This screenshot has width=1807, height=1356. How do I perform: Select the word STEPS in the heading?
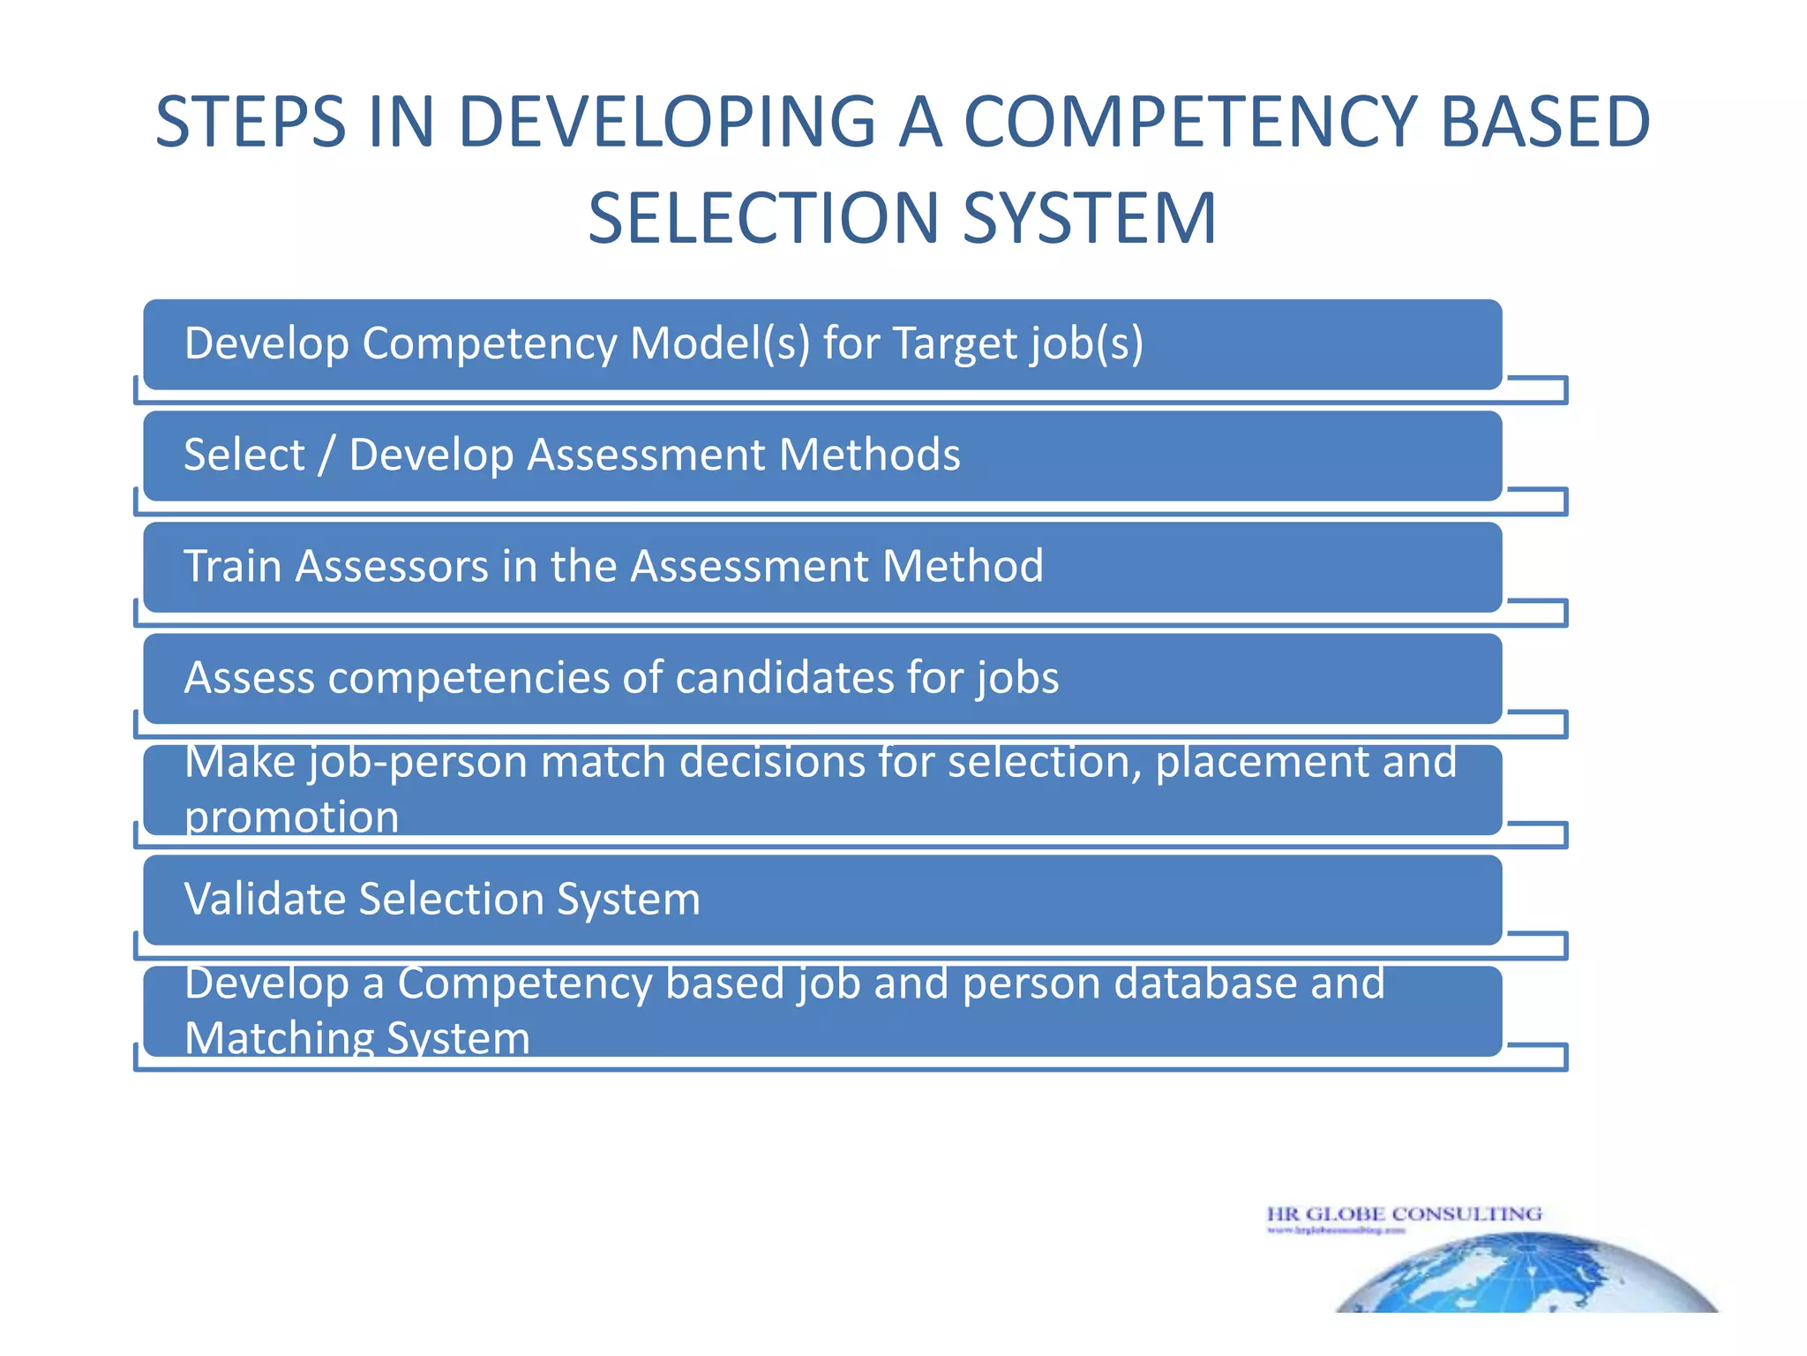pyautogui.click(x=251, y=122)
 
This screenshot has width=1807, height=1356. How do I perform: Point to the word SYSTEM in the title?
pyautogui.click(x=1090, y=219)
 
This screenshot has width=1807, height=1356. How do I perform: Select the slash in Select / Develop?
pyautogui.click(x=327, y=456)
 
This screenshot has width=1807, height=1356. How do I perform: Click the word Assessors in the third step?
pyautogui.click(x=392, y=566)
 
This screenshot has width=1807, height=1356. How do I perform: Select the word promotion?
pyautogui.click(x=291, y=817)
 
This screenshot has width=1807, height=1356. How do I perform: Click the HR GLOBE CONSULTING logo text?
pyautogui.click(x=1404, y=1214)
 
